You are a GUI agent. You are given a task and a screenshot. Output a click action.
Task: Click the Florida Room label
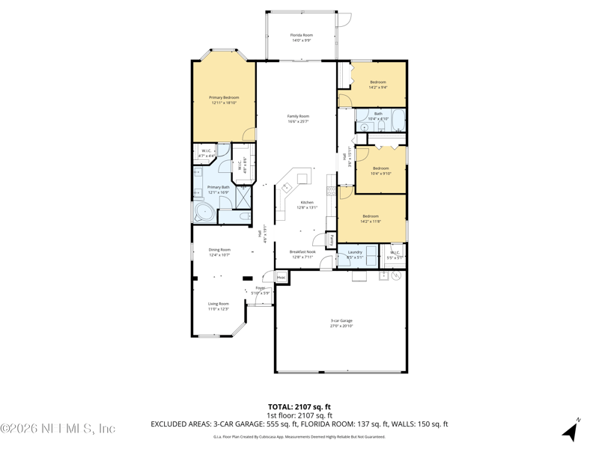pos(302,35)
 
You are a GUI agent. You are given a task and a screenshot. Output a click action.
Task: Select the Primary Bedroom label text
pos(224,97)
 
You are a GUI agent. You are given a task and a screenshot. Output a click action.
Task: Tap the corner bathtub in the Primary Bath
pos(203,212)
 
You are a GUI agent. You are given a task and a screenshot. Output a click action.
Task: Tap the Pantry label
pos(330,240)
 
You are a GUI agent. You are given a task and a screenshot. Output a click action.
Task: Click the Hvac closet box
pos(281,278)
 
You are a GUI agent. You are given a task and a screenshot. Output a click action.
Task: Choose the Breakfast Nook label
pos(302,251)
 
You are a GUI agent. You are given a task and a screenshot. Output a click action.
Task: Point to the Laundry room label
pos(355,252)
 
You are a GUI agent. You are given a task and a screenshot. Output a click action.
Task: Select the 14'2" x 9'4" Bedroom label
pos(378,82)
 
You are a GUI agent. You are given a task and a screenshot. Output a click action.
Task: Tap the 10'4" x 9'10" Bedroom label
pos(381,168)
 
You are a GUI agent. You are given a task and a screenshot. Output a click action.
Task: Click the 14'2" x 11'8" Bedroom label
pos(371,216)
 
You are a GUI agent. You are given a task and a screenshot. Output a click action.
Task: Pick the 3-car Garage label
pos(341,321)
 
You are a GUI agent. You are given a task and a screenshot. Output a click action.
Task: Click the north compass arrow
pos(571,430)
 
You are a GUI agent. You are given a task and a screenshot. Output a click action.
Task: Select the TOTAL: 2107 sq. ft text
pos(299,407)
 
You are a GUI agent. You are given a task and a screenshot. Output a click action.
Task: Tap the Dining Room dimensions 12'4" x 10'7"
pos(219,255)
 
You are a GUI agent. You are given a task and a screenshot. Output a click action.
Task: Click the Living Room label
pos(219,304)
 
